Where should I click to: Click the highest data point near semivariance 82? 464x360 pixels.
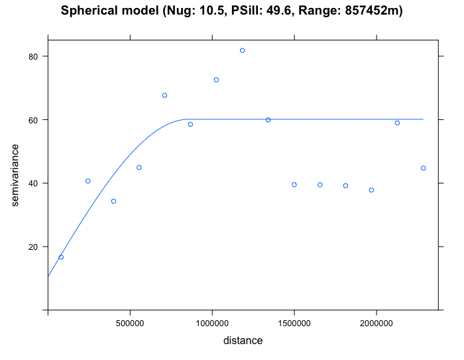point(243,50)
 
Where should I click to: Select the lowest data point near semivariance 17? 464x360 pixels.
point(61,257)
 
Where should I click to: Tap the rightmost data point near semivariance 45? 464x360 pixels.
point(423,168)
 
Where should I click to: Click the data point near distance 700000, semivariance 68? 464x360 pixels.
point(164,95)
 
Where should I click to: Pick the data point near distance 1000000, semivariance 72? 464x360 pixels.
point(216,80)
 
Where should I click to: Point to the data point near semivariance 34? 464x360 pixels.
point(113,202)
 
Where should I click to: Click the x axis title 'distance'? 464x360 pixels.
point(243,341)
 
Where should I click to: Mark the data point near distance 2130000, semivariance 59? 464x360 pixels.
point(397,123)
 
